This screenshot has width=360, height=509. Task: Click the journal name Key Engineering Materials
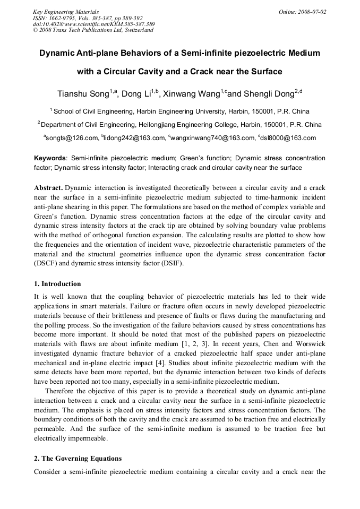tap(66, 11)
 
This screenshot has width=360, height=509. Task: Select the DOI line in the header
tap(93, 24)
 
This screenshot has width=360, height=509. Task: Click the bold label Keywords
tap(50, 158)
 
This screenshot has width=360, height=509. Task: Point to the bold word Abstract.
tap(48, 188)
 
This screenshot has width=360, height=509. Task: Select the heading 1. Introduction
tap(57, 284)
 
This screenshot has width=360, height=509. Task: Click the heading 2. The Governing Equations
tap(78, 459)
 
